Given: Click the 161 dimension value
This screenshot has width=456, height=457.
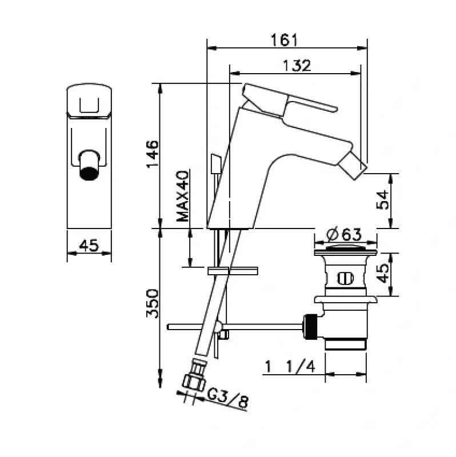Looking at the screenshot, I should tap(286, 39).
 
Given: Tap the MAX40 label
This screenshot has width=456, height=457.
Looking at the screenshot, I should tap(182, 196).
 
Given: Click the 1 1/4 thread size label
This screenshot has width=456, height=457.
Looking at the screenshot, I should tap(290, 366).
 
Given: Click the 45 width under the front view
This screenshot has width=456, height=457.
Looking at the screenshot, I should tap(89, 246).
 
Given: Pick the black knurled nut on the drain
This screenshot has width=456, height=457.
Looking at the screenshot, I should tap(311, 327).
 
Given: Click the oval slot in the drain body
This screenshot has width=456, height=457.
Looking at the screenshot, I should tap(345, 279).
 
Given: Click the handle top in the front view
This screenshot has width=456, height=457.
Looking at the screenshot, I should tap(89, 100).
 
